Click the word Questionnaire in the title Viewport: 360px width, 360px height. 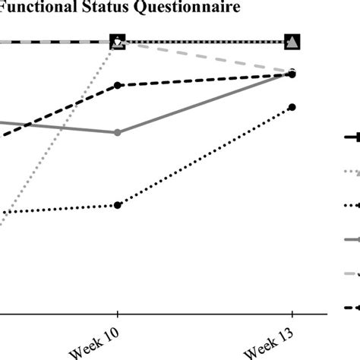(166, 8)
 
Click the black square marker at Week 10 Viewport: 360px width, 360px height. (117, 43)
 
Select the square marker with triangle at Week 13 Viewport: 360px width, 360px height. (292, 43)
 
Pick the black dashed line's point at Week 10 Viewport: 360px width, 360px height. (117, 85)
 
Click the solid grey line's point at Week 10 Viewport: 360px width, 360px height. (117, 133)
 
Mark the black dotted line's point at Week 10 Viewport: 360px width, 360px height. (117, 205)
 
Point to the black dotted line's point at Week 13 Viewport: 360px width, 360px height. (292, 107)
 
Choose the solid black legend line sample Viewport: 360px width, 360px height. (351, 137)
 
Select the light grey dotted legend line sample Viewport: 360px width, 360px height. (351, 172)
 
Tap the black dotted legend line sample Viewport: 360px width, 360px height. (351, 206)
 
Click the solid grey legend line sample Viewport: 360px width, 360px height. (351, 240)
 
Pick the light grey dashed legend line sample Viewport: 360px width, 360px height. (351, 274)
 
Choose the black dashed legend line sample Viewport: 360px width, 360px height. (351, 308)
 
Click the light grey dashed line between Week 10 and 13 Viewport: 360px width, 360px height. (205, 57)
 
